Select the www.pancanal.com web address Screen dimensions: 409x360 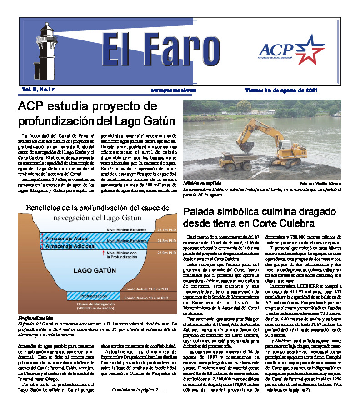click(174, 90)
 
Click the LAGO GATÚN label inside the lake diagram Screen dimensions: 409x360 click(95, 270)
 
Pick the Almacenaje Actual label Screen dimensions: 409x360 click(67, 238)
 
